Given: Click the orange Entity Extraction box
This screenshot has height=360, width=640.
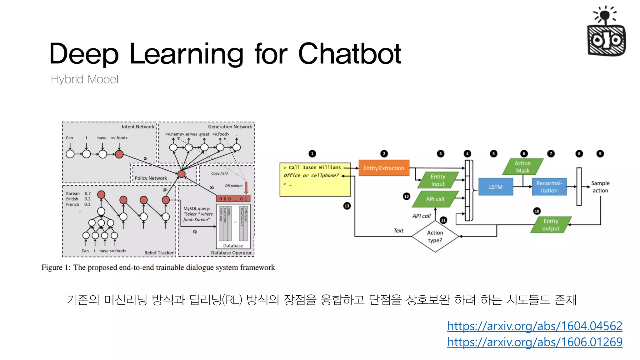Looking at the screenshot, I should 384,168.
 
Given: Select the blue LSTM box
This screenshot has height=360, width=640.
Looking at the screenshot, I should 496,187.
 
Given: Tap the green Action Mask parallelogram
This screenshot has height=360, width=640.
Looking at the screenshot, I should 522,167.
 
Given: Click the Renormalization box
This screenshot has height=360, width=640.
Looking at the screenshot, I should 549,187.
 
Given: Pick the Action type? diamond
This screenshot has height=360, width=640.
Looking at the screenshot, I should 435,237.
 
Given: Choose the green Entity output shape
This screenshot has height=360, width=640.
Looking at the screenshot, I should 551,225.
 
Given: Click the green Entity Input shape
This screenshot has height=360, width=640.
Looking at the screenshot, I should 438,180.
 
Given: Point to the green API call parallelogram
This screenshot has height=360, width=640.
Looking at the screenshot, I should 435,199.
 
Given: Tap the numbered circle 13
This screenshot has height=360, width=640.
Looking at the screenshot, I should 347,206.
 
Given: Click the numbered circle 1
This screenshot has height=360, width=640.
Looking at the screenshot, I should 312,154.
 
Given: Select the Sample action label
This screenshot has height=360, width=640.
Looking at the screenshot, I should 600,187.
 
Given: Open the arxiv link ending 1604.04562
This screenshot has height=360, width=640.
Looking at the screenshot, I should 535,326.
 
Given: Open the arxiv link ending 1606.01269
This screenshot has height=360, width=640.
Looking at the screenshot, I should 535,342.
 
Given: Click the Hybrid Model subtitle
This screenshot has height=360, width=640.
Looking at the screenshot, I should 84,79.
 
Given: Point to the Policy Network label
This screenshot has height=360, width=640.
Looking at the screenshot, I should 151,178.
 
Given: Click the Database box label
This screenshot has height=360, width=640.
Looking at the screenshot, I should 233,246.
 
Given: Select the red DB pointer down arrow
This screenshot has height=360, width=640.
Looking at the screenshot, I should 246,187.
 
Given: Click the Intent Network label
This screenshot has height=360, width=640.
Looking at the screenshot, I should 138,127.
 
